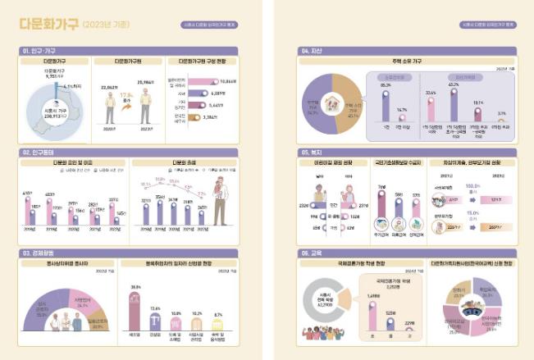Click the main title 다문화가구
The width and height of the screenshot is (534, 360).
pos(49,24)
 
